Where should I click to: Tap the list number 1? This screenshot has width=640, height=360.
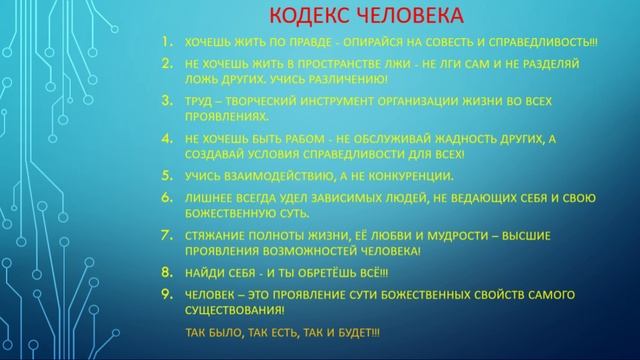[x=167, y=43]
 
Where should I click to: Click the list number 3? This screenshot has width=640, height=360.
[x=166, y=101]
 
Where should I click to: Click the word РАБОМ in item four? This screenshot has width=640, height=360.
[x=305, y=140]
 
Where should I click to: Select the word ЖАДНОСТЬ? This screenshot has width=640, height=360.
[x=484, y=140]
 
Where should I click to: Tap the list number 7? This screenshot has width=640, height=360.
[x=166, y=235]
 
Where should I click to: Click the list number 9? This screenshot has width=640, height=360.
[x=166, y=294]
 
